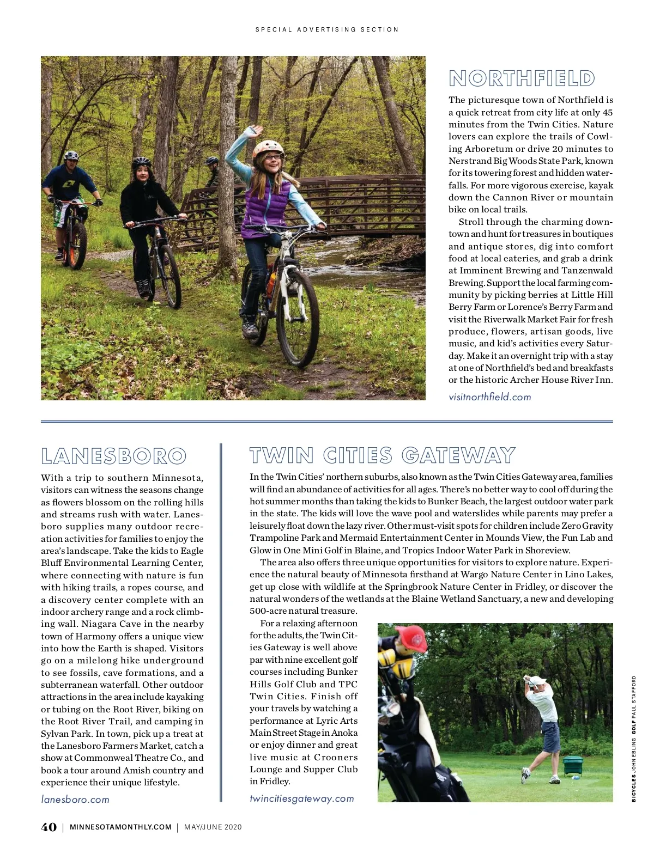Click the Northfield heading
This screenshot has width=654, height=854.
(x=522, y=78)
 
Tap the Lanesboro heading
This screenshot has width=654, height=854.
(x=114, y=456)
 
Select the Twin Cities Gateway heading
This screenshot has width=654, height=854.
(x=382, y=455)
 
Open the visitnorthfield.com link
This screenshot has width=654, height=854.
(x=489, y=397)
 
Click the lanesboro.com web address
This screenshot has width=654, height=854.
(x=75, y=800)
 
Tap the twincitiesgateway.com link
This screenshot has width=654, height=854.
(x=302, y=798)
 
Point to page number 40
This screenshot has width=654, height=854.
(x=49, y=827)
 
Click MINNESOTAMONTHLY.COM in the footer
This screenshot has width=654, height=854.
(x=120, y=827)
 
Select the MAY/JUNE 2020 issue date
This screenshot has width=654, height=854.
(x=213, y=827)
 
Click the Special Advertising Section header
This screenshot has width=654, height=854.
(x=327, y=29)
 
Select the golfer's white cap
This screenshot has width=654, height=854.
(x=536, y=680)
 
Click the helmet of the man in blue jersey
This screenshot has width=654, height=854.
(x=72, y=156)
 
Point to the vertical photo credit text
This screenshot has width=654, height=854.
(x=634, y=739)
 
